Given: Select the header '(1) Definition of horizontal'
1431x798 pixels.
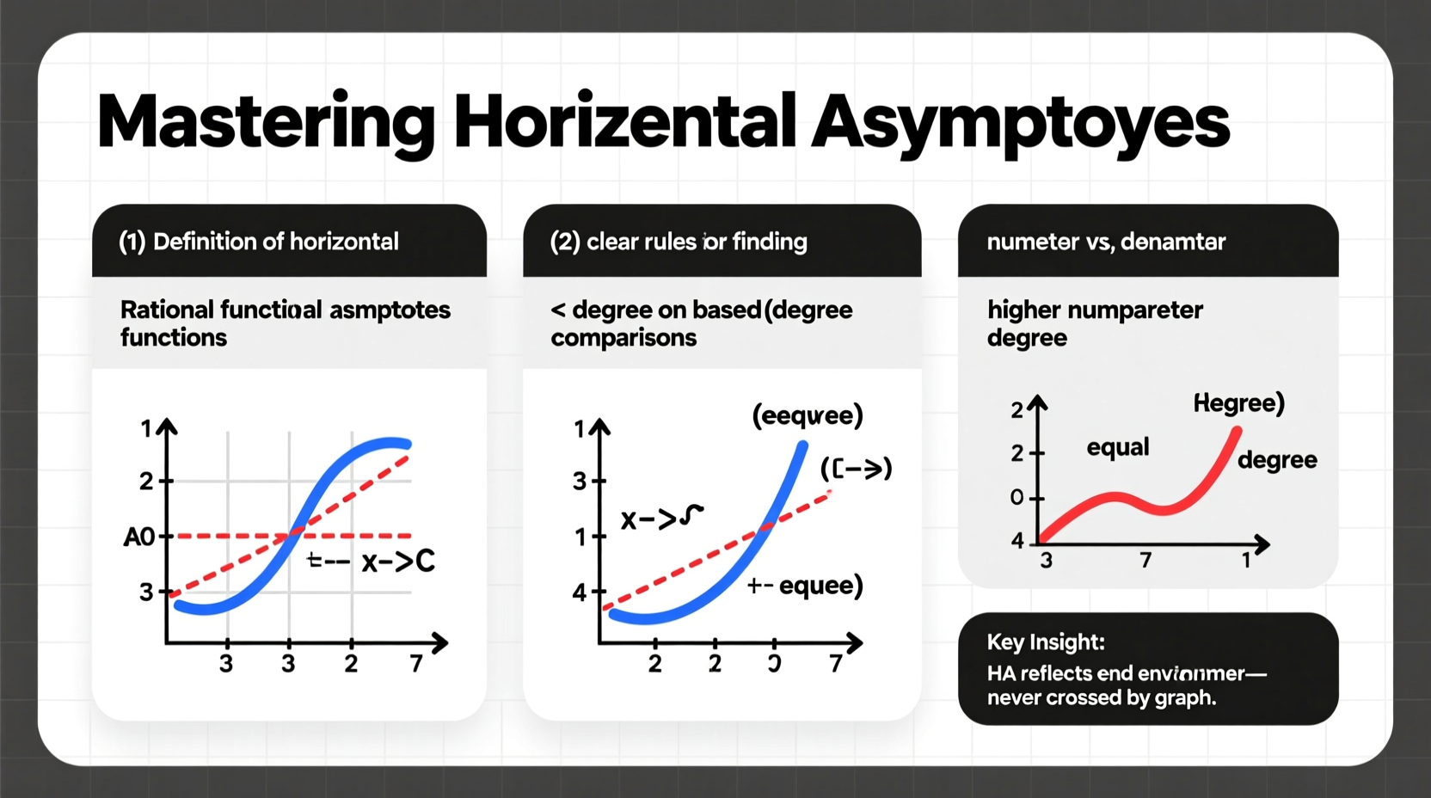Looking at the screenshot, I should tap(258, 242).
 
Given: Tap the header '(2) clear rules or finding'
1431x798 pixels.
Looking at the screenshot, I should tap(678, 242).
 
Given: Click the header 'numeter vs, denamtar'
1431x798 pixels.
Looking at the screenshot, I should tap(1106, 242).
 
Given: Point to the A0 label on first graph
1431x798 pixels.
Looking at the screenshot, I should tap(139, 537).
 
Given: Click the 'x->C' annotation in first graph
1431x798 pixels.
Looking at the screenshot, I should tap(398, 562).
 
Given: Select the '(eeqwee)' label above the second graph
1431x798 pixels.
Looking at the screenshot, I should tap(807, 415).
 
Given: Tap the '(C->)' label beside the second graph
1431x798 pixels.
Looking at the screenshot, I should tap(856, 469).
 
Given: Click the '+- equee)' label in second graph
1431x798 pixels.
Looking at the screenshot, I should tap(805, 586).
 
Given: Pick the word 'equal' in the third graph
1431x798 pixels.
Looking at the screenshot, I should tap(1117, 447).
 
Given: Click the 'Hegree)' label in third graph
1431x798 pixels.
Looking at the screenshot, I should tap(1238, 402).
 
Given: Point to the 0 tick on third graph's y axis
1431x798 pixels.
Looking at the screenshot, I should tap(1017, 498).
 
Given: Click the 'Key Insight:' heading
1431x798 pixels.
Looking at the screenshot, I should tap(1046, 641).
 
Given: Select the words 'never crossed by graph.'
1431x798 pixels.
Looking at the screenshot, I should tap(1101, 697).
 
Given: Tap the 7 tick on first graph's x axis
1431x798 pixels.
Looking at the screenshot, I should tap(416, 664).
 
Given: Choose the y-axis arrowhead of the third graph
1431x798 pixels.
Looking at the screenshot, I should tap(1038, 402).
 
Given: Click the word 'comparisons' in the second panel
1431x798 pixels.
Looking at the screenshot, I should tap(623, 338).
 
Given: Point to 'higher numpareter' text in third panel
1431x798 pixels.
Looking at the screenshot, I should tap(1095, 310).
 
